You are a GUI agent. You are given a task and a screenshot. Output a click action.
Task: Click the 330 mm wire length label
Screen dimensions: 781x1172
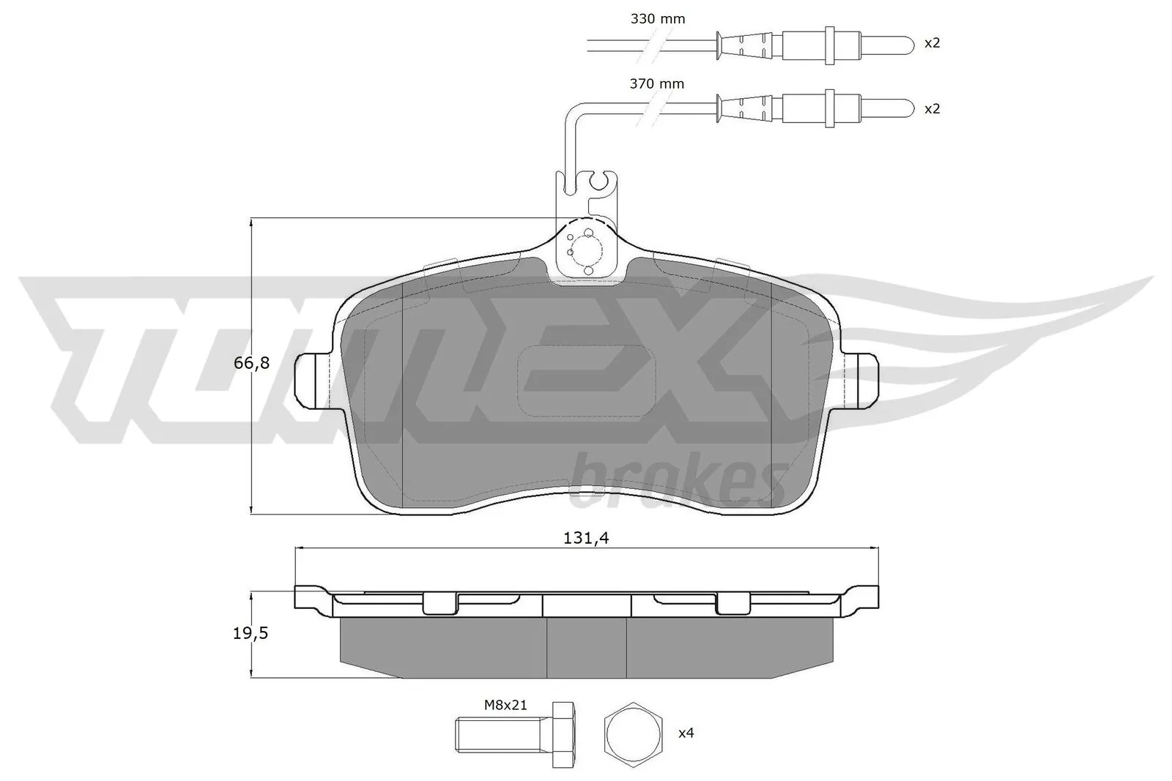pos(657,19)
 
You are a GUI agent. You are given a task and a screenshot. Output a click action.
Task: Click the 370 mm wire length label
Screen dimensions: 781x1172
pos(657,84)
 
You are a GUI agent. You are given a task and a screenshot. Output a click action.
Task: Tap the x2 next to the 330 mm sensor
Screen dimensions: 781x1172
pos(932,43)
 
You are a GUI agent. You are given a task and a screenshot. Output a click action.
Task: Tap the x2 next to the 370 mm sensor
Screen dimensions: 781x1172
pos(932,108)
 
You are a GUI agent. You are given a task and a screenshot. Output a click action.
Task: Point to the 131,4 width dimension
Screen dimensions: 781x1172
pos(586,538)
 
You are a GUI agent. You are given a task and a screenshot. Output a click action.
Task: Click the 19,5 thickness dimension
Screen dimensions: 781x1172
pos(251,633)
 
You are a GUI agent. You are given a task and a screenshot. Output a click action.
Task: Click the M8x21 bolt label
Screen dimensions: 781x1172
pos(505,706)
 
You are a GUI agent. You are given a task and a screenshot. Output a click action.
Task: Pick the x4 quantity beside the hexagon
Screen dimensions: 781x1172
pos(685,733)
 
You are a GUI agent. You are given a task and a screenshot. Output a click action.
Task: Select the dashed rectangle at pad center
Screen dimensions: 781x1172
pos(587,380)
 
